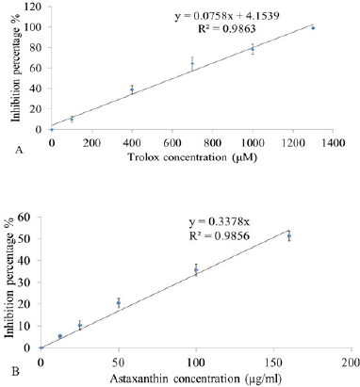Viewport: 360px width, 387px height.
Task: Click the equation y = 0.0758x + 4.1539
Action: coord(227,16)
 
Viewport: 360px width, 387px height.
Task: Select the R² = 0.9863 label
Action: coord(226,29)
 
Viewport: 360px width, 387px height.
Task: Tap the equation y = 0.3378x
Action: coord(220,222)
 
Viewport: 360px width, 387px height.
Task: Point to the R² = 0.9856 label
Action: coord(220,235)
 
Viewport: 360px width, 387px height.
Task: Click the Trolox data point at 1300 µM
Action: coord(313,28)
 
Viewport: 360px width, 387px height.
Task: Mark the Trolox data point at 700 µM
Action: coord(192,64)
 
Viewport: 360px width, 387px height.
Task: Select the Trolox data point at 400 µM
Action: coord(132,89)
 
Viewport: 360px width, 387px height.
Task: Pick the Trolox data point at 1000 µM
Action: coord(253,49)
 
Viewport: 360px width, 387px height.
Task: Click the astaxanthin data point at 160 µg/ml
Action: coord(289,235)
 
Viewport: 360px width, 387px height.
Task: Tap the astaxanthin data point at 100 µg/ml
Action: coord(196,270)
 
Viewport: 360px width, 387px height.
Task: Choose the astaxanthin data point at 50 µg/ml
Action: coord(119,303)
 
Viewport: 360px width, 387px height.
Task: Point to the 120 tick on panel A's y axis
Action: coord(34,7)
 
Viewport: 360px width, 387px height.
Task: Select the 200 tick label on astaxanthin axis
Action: coord(352,362)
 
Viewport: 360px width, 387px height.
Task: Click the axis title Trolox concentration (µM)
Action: coord(192,157)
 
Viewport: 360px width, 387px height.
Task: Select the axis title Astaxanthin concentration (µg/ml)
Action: coord(195,379)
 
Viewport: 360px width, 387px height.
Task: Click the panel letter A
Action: coord(19,151)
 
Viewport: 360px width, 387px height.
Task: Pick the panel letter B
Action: coord(16,372)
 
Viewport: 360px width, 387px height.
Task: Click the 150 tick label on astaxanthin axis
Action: coord(273,362)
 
